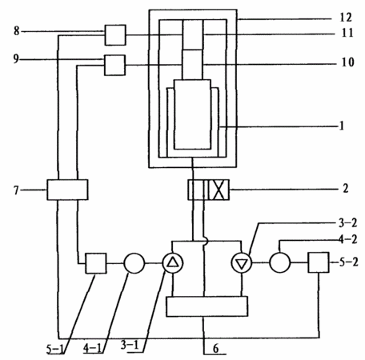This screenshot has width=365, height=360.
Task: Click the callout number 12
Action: pyautogui.click(x=346, y=18)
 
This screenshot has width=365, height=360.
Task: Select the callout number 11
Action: pyautogui.click(x=347, y=33)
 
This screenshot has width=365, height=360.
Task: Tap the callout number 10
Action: pyautogui.click(x=347, y=62)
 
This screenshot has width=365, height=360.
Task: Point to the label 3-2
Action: pyautogui.click(x=348, y=223)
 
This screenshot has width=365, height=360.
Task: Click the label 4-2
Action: pyautogui.click(x=348, y=239)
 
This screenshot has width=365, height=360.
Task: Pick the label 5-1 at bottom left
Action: pyautogui.click(x=55, y=350)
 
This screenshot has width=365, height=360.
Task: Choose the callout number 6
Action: pyautogui.click(x=215, y=349)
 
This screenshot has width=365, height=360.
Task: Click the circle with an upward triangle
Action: pyautogui.click(x=173, y=263)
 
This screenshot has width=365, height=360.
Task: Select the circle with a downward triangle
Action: pyautogui.click(x=242, y=263)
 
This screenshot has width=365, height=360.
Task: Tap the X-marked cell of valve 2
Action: pyautogui.click(x=219, y=190)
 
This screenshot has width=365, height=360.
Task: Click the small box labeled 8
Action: pyautogui.click(x=115, y=35)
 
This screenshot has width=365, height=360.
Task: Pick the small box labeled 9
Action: pyautogui.click(x=114, y=66)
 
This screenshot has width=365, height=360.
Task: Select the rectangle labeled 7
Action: pyautogui.click(x=67, y=190)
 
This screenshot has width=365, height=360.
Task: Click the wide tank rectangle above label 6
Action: pyautogui.click(x=207, y=306)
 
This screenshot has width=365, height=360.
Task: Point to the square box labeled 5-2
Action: pyautogui.click(x=319, y=262)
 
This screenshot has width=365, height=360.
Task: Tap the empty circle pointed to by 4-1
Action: pyautogui.click(x=134, y=263)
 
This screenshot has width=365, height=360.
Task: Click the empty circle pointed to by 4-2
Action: pyautogui.click(x=280, y=262)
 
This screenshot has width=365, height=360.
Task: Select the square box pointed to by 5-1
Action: pyautogui.click(x=96, y=263)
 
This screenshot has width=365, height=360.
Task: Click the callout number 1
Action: pyautogui.click(x=342, y=126)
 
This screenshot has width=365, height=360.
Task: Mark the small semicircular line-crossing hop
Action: pyautogui.click(x=206, y=242)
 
